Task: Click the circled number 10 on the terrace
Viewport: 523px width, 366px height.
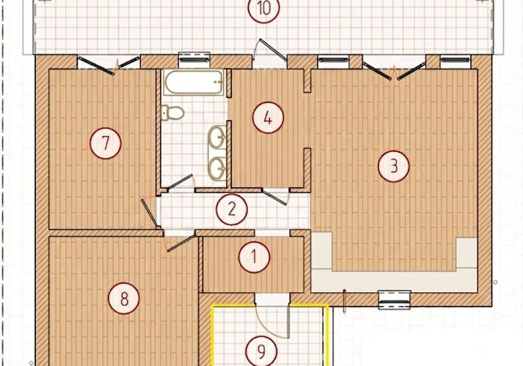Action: click(263, 8)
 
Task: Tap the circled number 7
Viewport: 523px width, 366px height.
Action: click(106, 143)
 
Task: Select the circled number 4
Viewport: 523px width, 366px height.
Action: click(268, 117)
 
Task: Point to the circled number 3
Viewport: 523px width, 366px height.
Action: click(394, 166)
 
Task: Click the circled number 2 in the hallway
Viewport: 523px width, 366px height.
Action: click(232, 209)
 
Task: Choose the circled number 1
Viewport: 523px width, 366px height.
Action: click(254, 257)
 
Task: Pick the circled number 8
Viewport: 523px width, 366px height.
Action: click(124, 298)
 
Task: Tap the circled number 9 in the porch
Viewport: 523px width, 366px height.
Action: click(261, 352)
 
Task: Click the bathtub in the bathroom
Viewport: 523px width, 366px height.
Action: click(194, 82)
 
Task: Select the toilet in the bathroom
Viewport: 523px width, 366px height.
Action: click(173, 113)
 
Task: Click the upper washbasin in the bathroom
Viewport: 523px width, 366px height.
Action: click(217, 137)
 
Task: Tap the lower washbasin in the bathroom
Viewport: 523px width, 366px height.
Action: click(217, 169)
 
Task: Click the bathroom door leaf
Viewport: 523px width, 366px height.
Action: click(180, 182)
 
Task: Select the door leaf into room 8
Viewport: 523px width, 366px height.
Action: click(181, 243)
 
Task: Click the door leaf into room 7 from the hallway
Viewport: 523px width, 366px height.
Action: click(149, 213)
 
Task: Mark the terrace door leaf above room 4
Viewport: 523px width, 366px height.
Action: click(273, 50)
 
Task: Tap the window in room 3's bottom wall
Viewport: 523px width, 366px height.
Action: click(394, 300)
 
